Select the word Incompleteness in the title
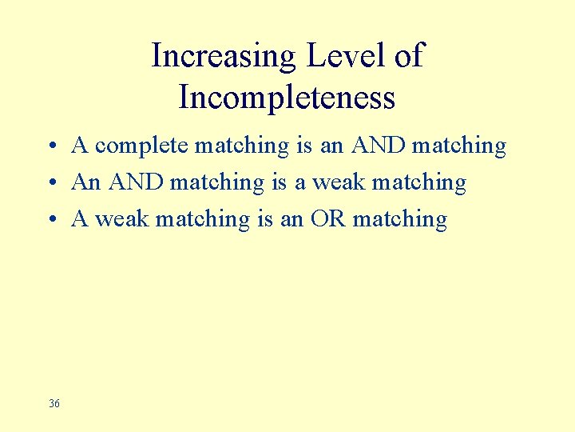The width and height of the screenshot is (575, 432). tap(287, 98)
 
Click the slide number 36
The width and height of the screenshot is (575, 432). tap(54, 403)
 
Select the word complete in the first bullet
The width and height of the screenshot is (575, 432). tap(142, 146)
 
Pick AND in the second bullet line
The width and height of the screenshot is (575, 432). tap(137, 182)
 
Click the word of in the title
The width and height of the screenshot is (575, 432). tap(408, 56)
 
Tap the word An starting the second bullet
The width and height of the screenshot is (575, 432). tap(86, 182)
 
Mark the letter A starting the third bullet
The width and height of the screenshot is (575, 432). tap(80, 219)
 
